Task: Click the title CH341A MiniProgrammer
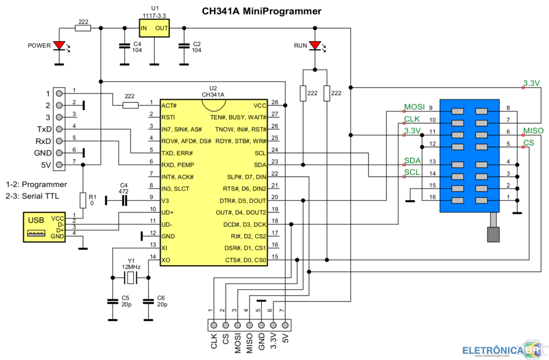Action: (261, 12)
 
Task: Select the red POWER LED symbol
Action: (59, 46)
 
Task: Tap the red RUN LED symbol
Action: (315, 46)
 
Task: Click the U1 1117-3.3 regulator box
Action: (154, 27)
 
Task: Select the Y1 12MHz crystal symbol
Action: (130, 279)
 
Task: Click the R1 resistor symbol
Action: (83, 200)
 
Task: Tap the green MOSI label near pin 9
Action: (414, 106)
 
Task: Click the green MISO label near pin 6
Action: (533, 131)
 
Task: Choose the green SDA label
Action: (412, 160)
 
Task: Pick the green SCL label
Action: (412, 172)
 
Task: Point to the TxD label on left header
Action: (44, 129)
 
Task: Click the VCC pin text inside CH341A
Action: (260, 105)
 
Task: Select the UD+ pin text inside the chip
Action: (167, 212)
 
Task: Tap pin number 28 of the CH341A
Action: (275, 103)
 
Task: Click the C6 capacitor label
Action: (160, 298)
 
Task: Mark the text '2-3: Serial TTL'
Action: (32, 196)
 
